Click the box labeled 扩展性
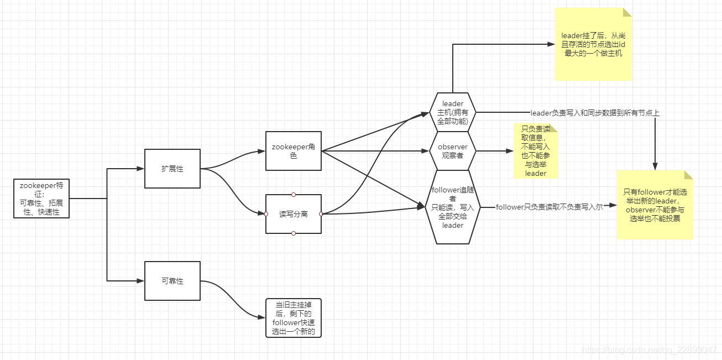click(172, 169)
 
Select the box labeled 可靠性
click(172, 281)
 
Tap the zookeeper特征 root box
click(41, 198)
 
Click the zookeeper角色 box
click(293, 150)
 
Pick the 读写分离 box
click(293, 213)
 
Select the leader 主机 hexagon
click(453, 112)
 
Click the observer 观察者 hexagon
click(453, 150)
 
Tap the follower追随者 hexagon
click(453, 207)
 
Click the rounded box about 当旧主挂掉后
click(293, 318)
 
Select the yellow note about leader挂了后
click(593, 44)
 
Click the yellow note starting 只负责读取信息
click(535, 151)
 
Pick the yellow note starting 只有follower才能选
click(655, 205)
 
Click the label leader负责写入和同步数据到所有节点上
click(594, 113)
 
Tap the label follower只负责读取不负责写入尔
click(549, 207)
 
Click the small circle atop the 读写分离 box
click(294, 194)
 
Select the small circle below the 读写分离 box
click(294, 233)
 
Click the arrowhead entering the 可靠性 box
click(141, 281)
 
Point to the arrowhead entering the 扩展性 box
click(141, 169)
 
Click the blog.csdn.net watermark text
click(650, 349)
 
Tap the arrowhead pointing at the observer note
click(510, 150)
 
